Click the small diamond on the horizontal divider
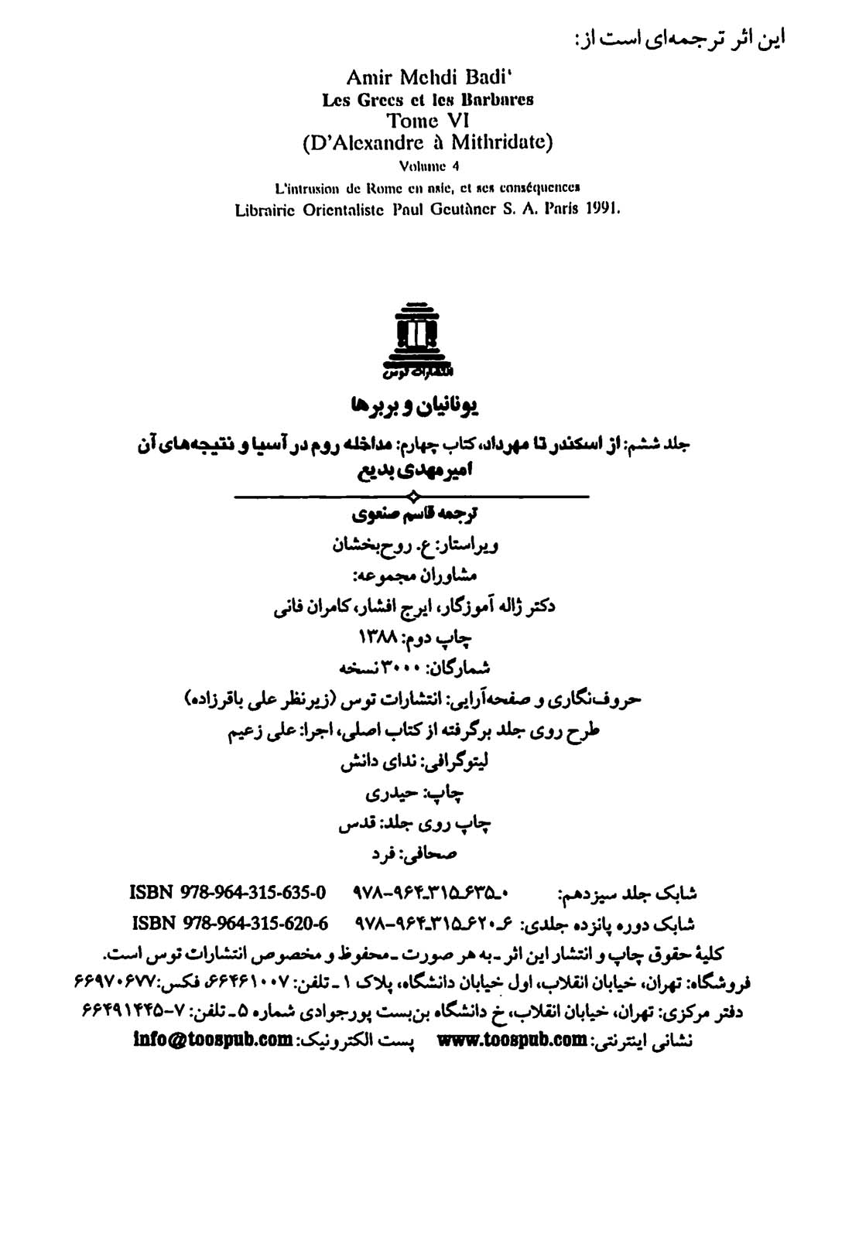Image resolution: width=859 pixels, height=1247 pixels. point(413,496)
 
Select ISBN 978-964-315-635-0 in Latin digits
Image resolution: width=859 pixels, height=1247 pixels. point(228,893)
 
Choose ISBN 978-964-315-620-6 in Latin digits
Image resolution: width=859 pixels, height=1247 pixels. point(231,924)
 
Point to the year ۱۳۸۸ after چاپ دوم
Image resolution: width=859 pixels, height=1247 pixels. point(377,637)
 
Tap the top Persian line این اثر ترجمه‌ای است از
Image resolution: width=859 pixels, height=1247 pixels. point(676,37)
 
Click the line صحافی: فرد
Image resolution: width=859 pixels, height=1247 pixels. point(416,854)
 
